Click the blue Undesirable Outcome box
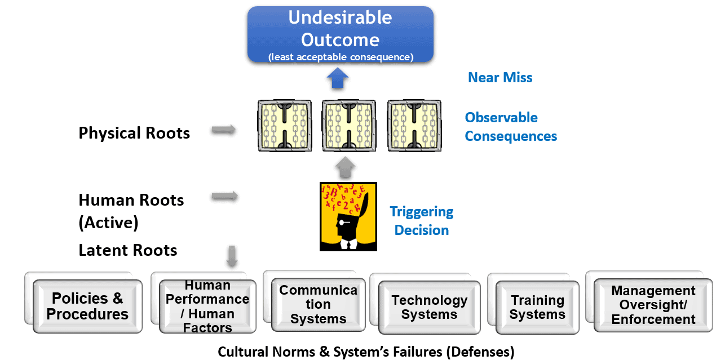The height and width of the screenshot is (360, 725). (x=340, y=34)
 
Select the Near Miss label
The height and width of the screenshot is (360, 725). (x=500, y=77)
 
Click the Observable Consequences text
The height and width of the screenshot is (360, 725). (x=511, y=127)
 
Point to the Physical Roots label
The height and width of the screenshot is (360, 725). (x=134, y=133)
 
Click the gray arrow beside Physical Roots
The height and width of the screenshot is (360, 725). (x=224, y=131)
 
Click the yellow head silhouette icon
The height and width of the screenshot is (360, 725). (x=348, y=216)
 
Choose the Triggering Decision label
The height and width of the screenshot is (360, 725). (x=422, y=221)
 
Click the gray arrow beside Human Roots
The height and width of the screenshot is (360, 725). (x=224, y=196)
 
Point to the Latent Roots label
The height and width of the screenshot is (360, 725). (x=128, y=250)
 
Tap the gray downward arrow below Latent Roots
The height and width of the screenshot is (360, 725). (x=232, y=256)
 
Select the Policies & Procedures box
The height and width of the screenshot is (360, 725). (x=87, y=306)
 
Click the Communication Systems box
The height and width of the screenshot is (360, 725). (x=318, y=305)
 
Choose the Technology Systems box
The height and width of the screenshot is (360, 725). (x=429, y=308)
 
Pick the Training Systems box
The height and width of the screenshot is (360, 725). (x=537, y=308)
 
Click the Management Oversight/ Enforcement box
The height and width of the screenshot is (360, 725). (x=653, y=305)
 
